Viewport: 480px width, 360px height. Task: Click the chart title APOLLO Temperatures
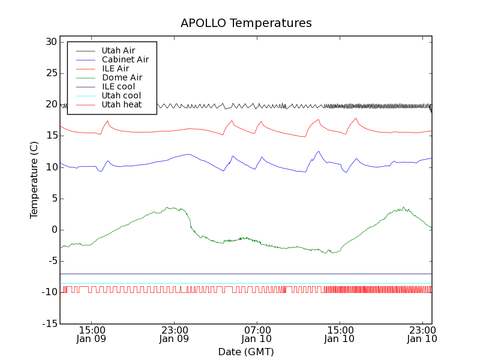pyautogui.click(x=246, y=23)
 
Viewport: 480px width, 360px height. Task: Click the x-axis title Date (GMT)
pyautogui.click(x=245, y=352)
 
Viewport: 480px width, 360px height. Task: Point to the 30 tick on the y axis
pyautogui.click(x=50, y=42)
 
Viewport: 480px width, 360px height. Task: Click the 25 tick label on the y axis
pyautogui.click(x=50, y=73)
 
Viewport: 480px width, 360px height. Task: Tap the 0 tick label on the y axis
pyautogui.click(x=53, y=230)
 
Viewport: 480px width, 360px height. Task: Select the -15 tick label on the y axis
pyautogui.click(x=49, y=324)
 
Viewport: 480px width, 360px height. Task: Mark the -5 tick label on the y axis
pyautogui.click(x=51, y=261)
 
